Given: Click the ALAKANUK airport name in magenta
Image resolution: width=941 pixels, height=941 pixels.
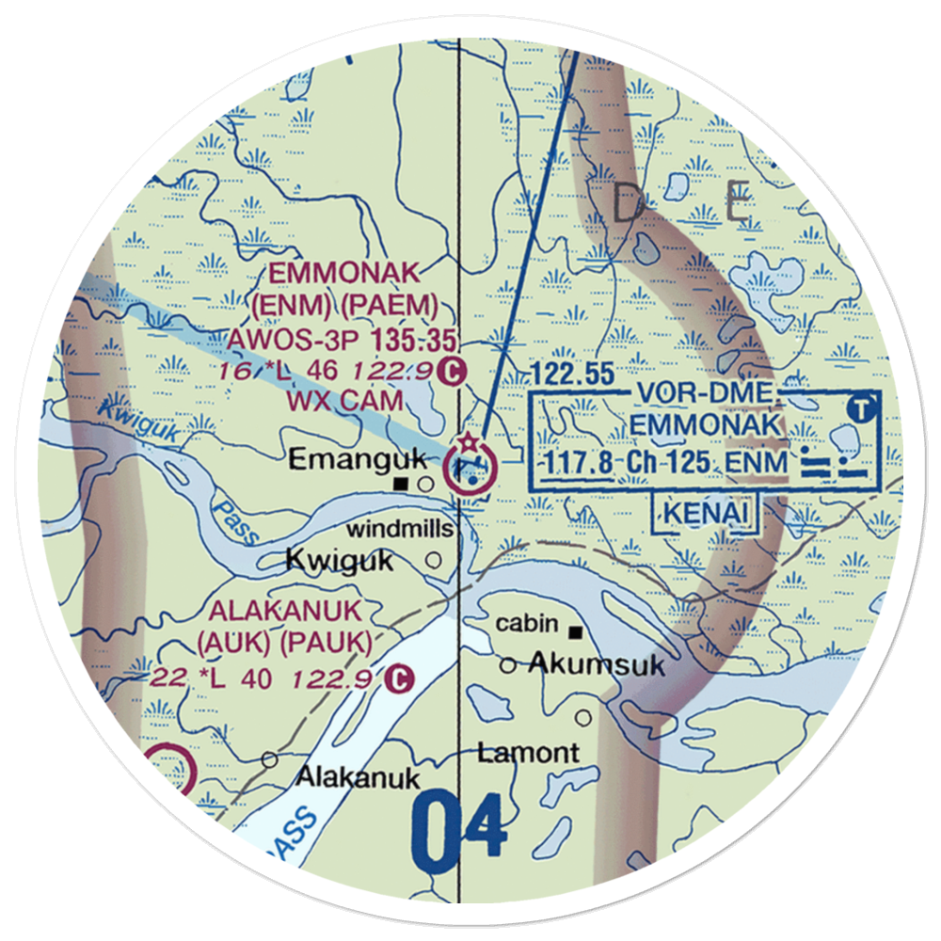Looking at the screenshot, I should point(284,611).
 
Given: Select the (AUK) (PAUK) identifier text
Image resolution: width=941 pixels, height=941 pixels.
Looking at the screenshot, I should point(284,643).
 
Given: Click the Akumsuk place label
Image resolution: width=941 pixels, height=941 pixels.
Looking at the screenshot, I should point(597,665).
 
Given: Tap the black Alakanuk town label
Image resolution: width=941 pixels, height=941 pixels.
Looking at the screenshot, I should point(359,777).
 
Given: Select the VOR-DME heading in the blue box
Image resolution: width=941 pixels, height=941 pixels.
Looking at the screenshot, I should point(705,395).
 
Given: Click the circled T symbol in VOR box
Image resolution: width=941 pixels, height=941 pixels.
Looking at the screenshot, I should point(859,408).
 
